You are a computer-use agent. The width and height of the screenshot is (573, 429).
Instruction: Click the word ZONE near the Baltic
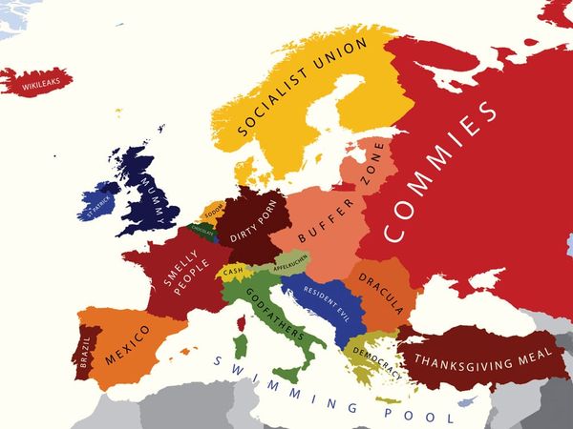pyautogui.click(x=371, y=164)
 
